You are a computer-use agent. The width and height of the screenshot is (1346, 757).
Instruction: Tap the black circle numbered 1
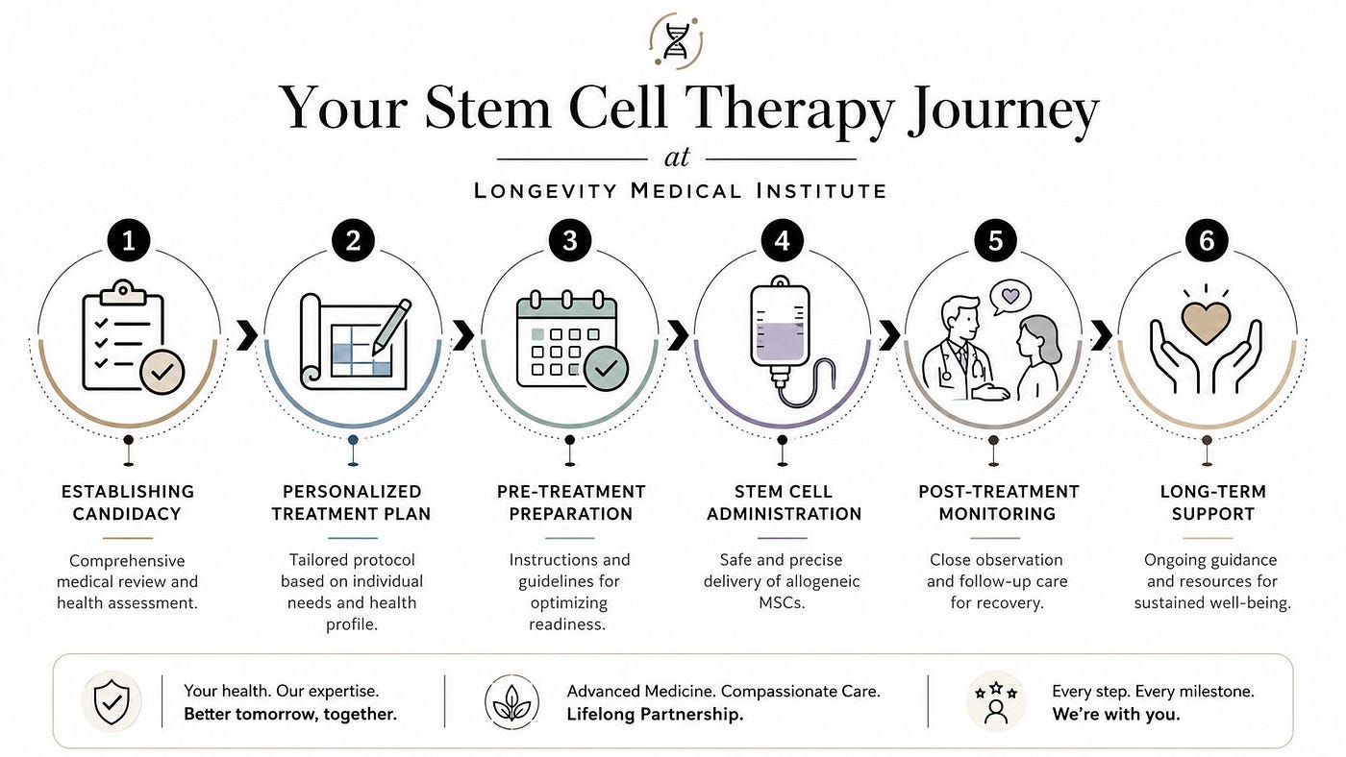[x=129, y=241]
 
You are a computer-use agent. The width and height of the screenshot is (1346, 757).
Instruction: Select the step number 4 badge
[x=782, y=241]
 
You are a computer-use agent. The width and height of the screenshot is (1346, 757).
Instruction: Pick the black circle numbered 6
[x=1207, y=241]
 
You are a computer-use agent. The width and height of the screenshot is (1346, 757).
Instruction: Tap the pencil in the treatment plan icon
[x=391, y=327]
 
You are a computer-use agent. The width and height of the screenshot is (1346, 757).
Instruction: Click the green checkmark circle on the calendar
[x=606, y=368]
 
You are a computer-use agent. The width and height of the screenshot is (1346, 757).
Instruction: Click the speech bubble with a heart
[x=1010, y=297]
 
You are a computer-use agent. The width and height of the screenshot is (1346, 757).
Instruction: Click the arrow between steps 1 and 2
[x=247, y=335]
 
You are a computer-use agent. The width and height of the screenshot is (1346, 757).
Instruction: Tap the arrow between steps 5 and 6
[x=1101, y=335]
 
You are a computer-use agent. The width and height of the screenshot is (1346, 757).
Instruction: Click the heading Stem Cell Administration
[x=784, y=502]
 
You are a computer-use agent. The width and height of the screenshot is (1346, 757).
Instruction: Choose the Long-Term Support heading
[x=1213, y=502]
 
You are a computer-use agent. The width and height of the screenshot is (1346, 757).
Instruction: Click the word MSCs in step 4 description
[x=781, y=602]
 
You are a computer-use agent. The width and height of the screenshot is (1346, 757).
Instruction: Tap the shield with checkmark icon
[x=112, y=701]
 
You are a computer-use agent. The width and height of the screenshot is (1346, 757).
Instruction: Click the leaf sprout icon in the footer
[x=511, y=702]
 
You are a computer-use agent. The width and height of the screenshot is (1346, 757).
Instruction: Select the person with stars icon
[x=996, y=702]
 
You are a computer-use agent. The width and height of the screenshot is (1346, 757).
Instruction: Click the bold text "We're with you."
[x=1116, y=715]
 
